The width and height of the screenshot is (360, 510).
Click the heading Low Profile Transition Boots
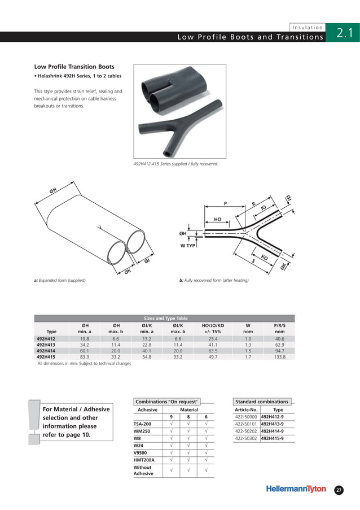pyautogui.click(x=74, y=67)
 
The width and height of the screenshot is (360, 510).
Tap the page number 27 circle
pyautogui.click(x=339, y=490)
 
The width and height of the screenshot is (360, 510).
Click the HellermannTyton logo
pyautogui.click(x=296, y=489)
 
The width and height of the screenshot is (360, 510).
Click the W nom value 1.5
pyautogui.click(x=248, y=351)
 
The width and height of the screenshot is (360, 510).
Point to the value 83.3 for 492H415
pyautogui.click(x=85, y=357)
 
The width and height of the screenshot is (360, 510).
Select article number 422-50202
pyautogui.click(x=246, y=430)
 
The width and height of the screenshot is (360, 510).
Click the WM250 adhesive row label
pyautogui.click(x=142, y=431)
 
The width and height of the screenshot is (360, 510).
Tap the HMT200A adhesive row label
pyautogui.click(x=144, y=460)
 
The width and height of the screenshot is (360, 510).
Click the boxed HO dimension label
pyautogui.click(x=217, y=219)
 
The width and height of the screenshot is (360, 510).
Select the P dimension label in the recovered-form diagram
pyautogui.click(x=225, y=203)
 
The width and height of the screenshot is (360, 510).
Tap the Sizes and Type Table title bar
pyautogui.click(x=164, y=318)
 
